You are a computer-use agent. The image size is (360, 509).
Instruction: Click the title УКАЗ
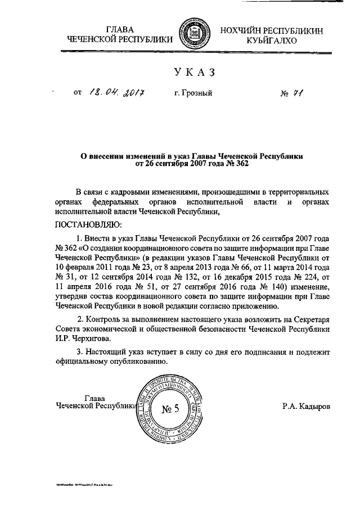195,73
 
